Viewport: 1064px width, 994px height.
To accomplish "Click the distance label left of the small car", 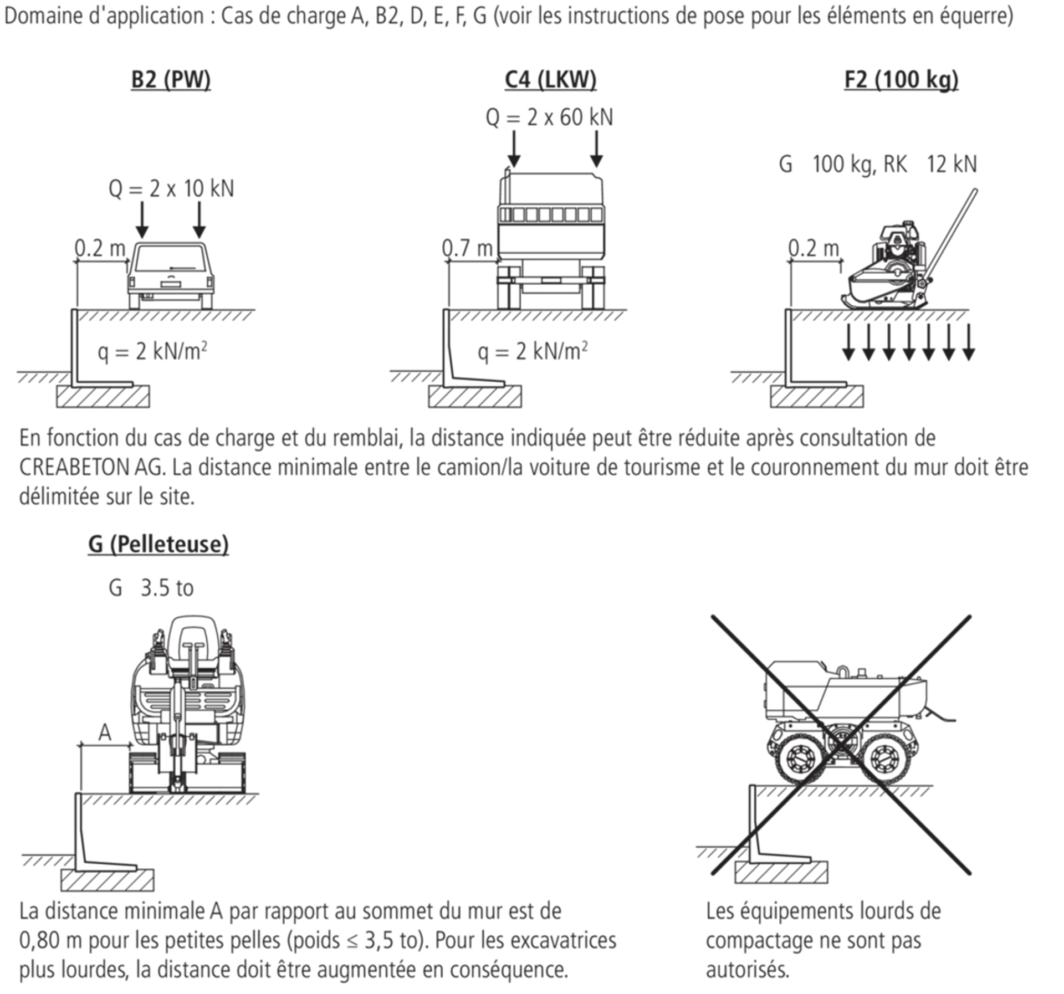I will coord(99,251).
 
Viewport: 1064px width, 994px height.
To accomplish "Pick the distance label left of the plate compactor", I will coord(813,251).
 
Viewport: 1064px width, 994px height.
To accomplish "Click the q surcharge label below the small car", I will coord(152,353).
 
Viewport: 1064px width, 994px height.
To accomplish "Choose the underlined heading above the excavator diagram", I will coord(156,545).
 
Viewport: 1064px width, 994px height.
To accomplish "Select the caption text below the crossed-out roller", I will coord(823,941).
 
